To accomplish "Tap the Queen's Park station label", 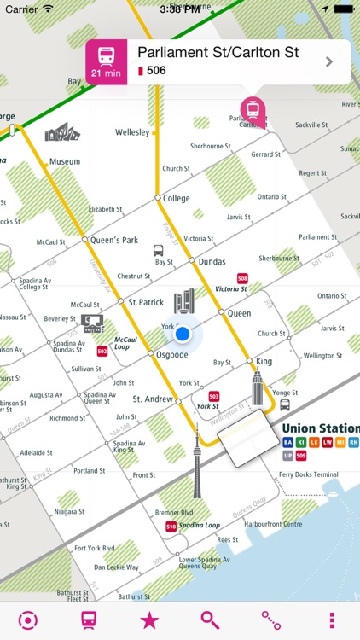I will pos(113,240).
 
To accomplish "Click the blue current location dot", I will pos(182,334).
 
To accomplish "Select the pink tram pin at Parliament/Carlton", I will pos(251,108).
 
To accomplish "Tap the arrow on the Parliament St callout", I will pos(329,61).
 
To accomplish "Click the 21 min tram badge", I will pos(107,61).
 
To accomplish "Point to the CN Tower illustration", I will pos(196,460).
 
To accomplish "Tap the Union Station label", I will pos(320,428).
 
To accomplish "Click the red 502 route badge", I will pos(102,351).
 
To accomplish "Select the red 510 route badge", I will pos(171,527).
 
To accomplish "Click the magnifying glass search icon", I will pos(210,620).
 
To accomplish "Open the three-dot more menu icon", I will pos(332,620).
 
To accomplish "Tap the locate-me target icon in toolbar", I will pos(28,620).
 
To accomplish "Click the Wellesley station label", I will pos(132,132).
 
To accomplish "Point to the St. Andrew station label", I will pos(154,399).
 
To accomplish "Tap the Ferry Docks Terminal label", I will pos(308,474).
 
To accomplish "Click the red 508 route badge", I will pos(243,278).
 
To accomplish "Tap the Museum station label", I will pos(65,160).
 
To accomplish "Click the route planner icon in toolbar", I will pos(271,620).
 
